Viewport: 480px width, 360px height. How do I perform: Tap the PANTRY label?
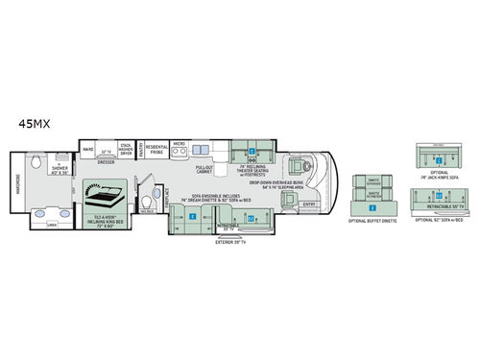[142, 150]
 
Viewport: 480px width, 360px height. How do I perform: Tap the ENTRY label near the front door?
[307, 203]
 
